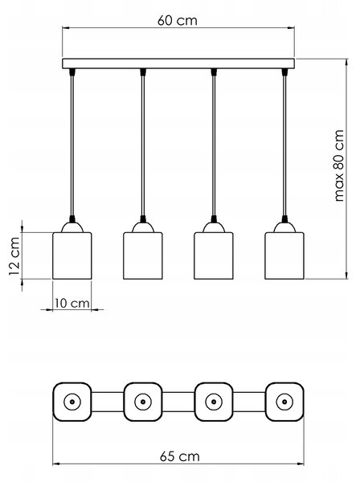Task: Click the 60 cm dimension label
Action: [x=178, y=21]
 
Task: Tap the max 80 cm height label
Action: [x=338, y=165]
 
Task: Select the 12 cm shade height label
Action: [x=14, y=256]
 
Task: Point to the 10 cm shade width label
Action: [x=72, y=304]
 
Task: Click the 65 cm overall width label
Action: [x=179, y=456]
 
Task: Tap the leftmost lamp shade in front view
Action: [x=72, y=255]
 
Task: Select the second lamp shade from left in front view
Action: [x=143, y=255]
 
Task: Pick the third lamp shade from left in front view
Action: [x=214, y=255]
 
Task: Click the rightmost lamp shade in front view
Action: [x=284, y=255]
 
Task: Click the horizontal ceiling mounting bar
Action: [x=178, y=63]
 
